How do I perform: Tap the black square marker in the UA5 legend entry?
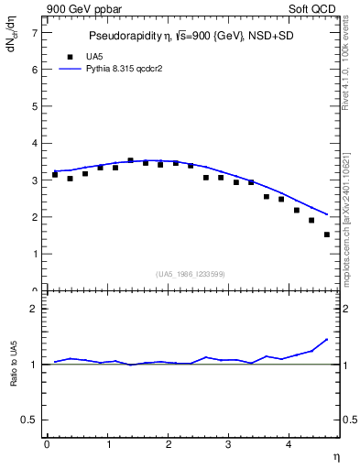coord(67,56)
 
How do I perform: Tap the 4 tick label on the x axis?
coord(289,444)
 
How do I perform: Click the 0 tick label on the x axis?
coord(47,444)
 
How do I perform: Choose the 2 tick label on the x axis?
coord(168,444)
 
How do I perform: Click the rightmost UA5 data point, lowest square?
coord(326,234)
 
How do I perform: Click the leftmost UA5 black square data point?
coord(55,174)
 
